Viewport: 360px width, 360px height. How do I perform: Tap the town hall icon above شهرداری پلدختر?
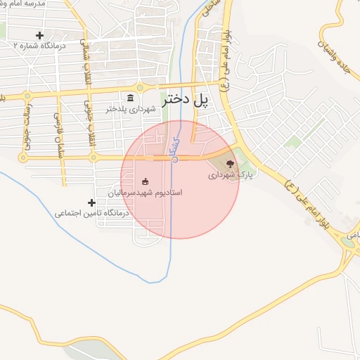click(130, 97)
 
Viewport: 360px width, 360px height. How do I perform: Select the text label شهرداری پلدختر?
click(130, 109)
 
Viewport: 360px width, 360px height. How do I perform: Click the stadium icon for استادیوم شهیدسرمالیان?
click(146, 181)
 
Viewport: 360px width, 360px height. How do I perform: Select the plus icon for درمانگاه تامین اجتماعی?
click(91, 202)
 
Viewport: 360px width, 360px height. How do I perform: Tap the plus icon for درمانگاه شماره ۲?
click(39, 34)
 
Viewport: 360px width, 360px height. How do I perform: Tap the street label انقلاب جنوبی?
click(89, 127)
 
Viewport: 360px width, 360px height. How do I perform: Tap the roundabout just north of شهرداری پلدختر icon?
click(140, 87)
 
